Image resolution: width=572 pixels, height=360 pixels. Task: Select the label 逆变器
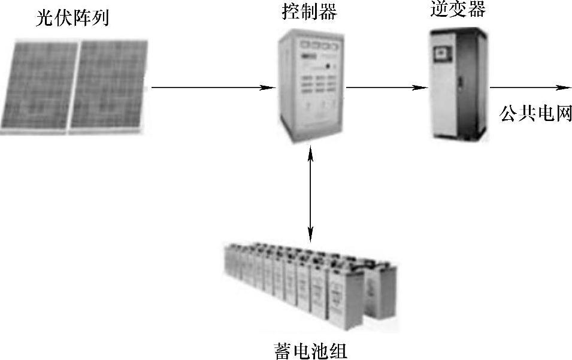pos(458,9)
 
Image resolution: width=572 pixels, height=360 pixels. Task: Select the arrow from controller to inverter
pos(386,88)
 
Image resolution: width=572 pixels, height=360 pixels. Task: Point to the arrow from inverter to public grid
pos(527,88)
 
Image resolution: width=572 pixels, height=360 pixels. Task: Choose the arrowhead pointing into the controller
pos(270,88)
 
